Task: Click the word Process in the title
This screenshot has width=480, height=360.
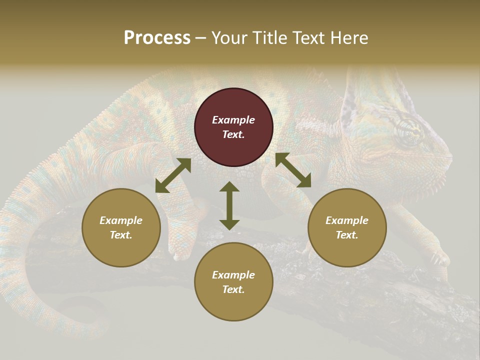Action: coord(157,38)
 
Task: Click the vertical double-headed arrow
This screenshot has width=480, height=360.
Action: coord(229,205)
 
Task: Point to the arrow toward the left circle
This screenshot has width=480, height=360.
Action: coord(173,175)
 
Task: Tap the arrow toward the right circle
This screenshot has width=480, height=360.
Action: coord(293,170)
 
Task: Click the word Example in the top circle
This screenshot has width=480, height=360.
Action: coord(233,120)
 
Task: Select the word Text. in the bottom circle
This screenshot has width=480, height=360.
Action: coord(233,289)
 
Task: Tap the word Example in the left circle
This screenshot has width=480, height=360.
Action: coord(121,220)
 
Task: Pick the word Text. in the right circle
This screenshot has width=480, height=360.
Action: coord(347,235)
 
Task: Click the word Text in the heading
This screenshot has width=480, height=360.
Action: coord(309,38)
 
